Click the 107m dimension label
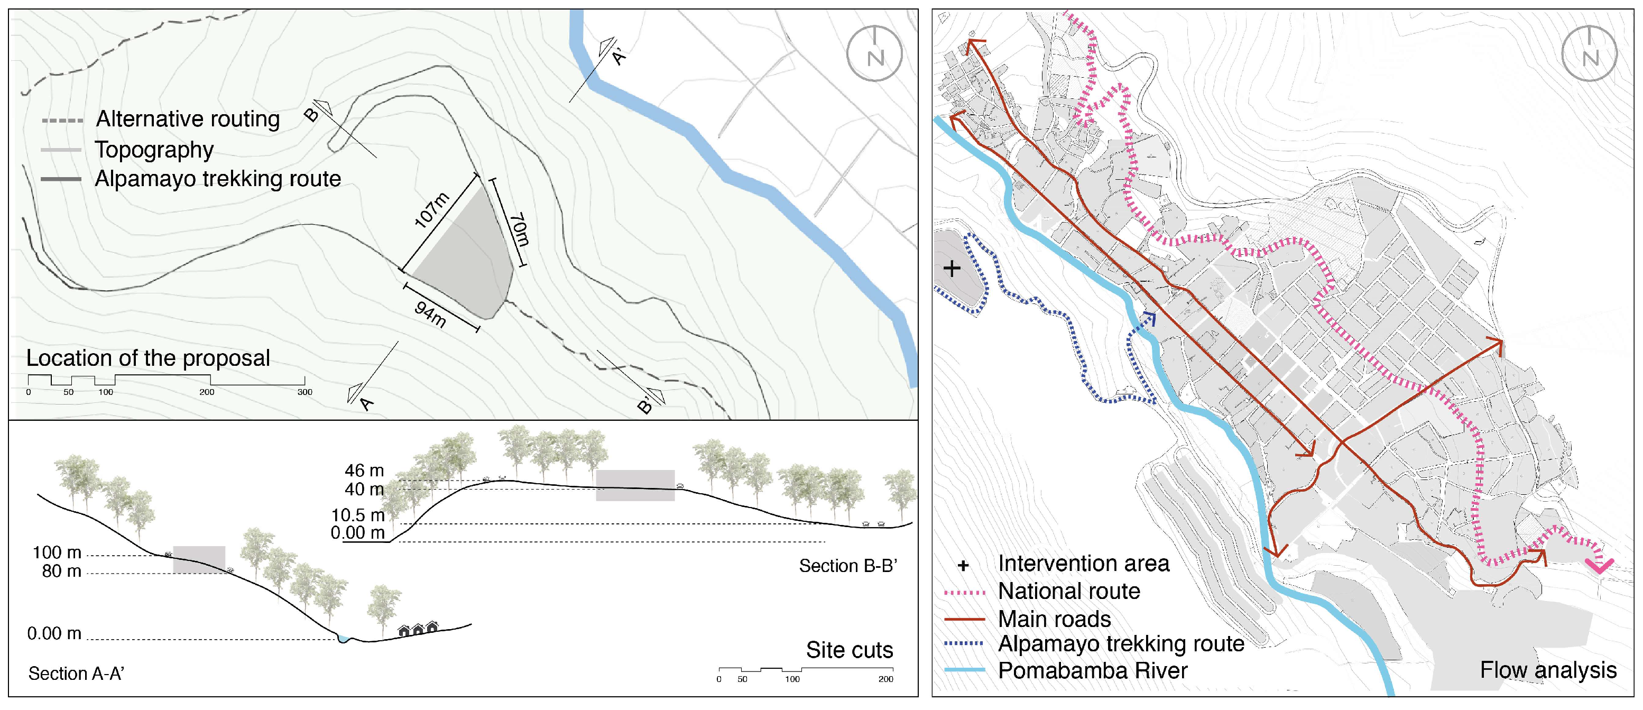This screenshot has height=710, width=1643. (432, 209)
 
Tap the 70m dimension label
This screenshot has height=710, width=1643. (518, 229)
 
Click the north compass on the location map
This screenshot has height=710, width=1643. (874, 54)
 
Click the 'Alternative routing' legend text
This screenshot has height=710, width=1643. (188, 119)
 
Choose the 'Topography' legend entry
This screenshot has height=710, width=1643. (154, 150)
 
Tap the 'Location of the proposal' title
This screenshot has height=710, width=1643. (148, 358)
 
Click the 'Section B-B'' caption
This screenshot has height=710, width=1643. (847, 566)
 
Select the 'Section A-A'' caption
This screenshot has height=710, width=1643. (76, 674)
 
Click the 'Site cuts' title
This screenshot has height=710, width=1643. (849, 650)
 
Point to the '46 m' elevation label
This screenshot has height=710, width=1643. (364, 471)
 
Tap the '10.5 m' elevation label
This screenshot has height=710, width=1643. (358, 515)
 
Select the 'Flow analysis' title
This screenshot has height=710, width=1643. (1548, 670)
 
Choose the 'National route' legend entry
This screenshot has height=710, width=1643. (1068, 592)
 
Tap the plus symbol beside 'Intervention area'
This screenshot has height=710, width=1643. (963, 565)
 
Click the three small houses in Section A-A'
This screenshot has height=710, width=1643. (418, 630)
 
